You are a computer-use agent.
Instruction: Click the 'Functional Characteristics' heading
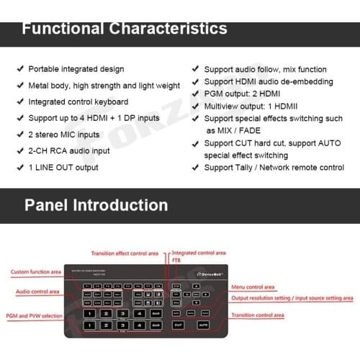point(124,29)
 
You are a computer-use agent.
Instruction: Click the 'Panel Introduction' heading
point(96,205)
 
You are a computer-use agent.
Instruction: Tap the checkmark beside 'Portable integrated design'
point(19,70)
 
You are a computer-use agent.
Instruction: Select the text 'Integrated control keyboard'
point(78,102)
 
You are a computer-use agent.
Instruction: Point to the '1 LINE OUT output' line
point(63,167)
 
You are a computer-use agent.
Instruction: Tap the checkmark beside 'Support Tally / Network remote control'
point(195,168)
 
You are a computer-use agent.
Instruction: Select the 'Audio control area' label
point(36,292)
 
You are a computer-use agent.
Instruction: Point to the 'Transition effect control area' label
point(124,253)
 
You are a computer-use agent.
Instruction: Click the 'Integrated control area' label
point(199,253)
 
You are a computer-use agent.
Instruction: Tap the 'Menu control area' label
point(253,287)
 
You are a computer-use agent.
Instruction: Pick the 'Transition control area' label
point(257,315)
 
